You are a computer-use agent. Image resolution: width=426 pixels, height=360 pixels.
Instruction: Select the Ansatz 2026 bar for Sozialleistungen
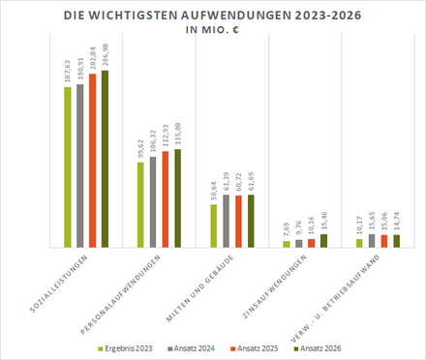point(105,159)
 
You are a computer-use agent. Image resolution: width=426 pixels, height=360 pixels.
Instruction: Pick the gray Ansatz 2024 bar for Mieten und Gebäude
point(227,221)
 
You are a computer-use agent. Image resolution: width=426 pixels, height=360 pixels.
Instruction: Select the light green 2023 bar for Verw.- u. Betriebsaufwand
point(360,243)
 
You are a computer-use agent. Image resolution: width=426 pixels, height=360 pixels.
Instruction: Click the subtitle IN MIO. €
point(213,30)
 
